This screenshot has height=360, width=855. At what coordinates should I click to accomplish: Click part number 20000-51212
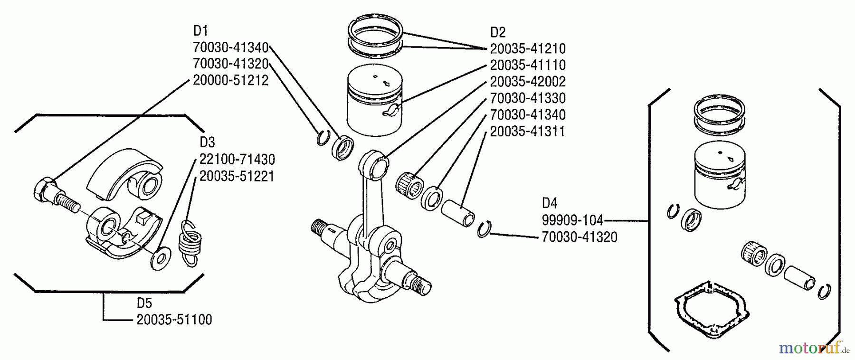click(x=230, y=80)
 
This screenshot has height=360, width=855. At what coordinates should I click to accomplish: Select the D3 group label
click(x=207, y=142)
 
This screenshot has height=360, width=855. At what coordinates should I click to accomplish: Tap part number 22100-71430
click(x=237, y=159)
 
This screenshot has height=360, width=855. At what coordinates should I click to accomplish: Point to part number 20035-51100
click(x=174, y=320)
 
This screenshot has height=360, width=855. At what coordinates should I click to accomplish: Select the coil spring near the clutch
click(x=189, y=242)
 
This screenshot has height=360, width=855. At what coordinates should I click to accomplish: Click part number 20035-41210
click(x=528, y=49)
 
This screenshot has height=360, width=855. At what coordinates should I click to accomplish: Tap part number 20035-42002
click(x=528, y=82)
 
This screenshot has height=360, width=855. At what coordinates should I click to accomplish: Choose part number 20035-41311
click(x=528, y=132)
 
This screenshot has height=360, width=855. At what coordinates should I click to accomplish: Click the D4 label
click(x=549, y=203)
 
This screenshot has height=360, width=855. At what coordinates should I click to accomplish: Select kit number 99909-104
click(x=572, y=220)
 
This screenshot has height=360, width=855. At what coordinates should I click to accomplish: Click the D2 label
click(x=497, y=32)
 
